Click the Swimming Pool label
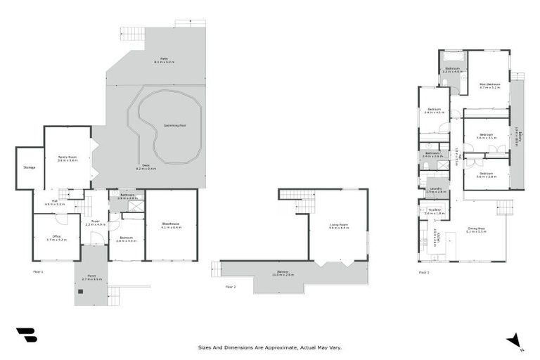[174, 125]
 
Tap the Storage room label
[29, 167]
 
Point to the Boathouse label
[170, 225]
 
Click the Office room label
[56, 238]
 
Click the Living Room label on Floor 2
[339, 226]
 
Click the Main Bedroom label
[489, 86]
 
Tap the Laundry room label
[437, 190]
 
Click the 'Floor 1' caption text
[38, 271]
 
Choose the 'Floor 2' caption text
[230, 287]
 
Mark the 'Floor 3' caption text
[423, 271]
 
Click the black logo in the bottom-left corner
[26, 336]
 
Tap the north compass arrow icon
[515, 340]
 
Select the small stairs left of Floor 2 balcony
[216, 267]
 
